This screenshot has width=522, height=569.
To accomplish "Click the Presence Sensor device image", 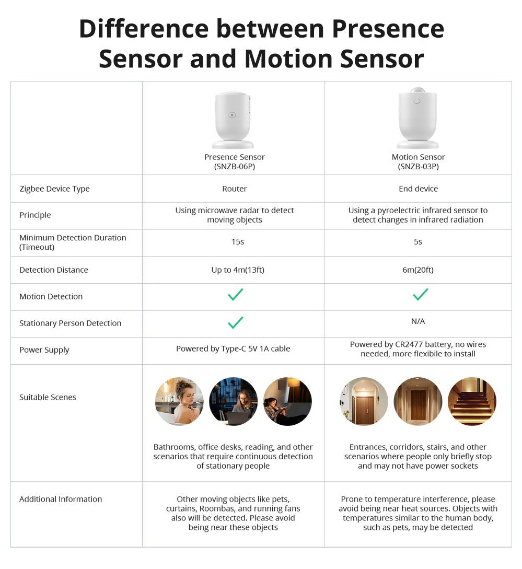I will [x=233, y=120].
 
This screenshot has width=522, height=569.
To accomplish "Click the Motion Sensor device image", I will [x=417, y=118].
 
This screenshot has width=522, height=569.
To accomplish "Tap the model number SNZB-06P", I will [x=234, y=167].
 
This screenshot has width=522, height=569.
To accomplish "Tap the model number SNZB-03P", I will [x=418, y=167].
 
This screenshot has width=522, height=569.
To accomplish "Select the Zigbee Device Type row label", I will [x=54, y=189].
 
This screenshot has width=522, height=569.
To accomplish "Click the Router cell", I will [x=234, y=189].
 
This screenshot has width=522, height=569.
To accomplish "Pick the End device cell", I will [x=418, y=189].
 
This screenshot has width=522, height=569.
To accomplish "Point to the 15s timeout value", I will [x=237, y=242].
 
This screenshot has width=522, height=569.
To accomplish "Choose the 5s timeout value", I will [x=417, y=242].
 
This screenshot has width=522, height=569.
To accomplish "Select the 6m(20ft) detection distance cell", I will [x=418, y=270].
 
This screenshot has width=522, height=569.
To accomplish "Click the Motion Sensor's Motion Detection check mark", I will [x=420, y=295].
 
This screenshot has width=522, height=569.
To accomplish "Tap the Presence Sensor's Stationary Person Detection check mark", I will [x=236, y=322].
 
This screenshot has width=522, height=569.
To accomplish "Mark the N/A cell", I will [x=418, y=321].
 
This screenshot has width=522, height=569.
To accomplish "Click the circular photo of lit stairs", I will [x=472, y=401].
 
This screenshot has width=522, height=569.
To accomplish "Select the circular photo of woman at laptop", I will [x=234, y=401].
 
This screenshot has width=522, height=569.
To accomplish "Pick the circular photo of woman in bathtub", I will [x=179, y=401].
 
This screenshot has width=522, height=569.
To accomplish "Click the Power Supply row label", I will [x=44, y=350].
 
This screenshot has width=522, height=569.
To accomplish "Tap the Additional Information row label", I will [x=61, y=499].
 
